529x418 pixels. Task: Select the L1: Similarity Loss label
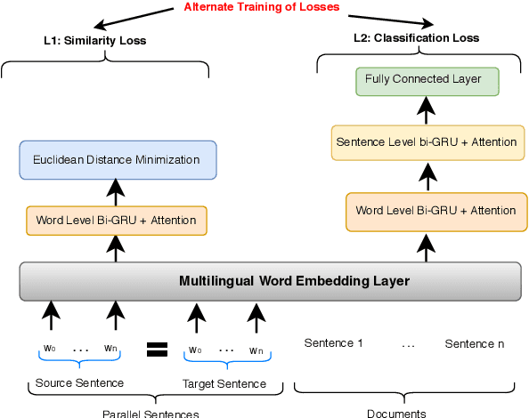tap(95, 41)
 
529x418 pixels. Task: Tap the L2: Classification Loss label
tap(416, 38)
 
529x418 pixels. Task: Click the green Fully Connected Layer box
tap(423, 80)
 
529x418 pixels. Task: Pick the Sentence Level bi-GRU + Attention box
tap(425, 142)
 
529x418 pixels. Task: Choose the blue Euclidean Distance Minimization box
tap(117, 160)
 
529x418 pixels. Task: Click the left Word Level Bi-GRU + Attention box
tap(116, 220)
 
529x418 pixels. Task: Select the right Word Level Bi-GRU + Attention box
tap(435, 211)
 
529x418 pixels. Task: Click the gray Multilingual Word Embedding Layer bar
tap(269, 281)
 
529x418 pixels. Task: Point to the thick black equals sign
tap(157, 349)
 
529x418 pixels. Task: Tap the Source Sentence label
tap(79, 383)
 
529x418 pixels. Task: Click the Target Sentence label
tap(224, 383)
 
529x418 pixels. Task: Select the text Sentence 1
tap(334, 343)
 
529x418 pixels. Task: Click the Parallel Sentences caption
tap(150, 413)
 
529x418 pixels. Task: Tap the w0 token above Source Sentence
tap(50, 349)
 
